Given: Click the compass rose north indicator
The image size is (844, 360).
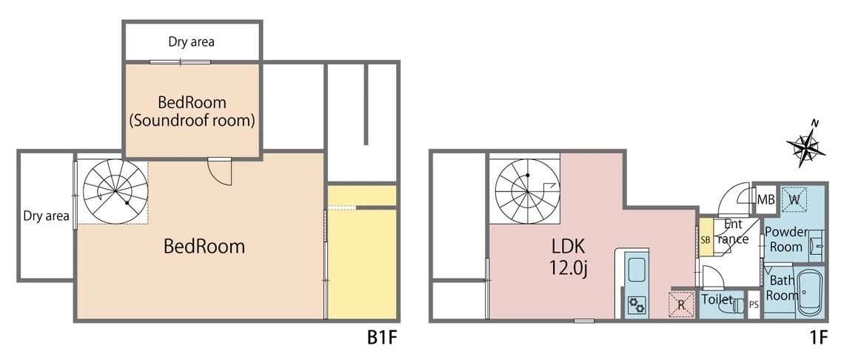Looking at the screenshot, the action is [x=806, y=144].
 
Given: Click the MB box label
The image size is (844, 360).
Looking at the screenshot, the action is [x=766, y=200].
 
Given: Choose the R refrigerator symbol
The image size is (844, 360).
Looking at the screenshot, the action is [x=681, y=304].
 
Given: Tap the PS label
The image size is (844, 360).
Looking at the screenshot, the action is [x=754, y=305].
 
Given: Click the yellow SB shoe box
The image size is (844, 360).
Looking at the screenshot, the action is [x=706, y=238].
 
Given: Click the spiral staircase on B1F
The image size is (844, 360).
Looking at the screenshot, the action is [x=115, y=191].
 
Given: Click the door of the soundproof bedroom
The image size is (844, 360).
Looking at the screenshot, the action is [x=220, y=171].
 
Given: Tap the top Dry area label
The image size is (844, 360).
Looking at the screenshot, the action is [x=191, y=41].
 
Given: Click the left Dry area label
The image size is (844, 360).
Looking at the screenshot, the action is [x=47, y=216].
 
